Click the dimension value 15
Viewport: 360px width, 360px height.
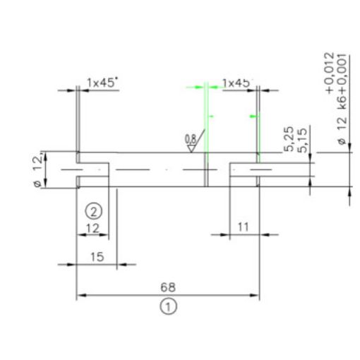[97, 256]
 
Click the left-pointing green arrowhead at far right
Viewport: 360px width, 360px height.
[253, 115]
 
